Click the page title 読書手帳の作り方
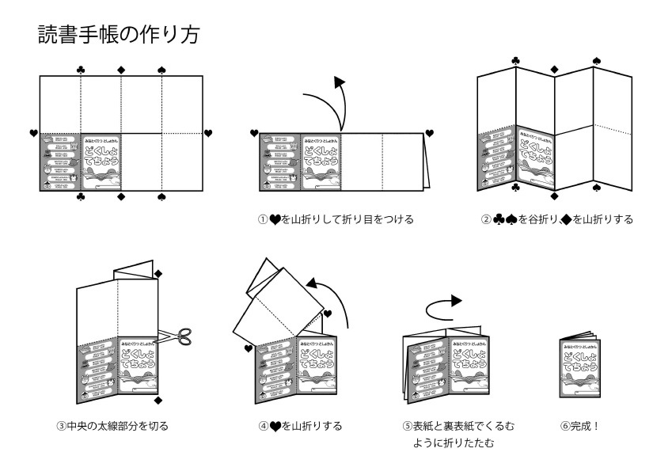click(x=123, y=35)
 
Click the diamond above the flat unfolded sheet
click(x=121, y=70)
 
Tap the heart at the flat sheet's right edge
click(x=208, y=132)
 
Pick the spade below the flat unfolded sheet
click(x=161, y=196)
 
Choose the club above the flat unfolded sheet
click(x=81, y=70)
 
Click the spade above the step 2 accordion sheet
click(x=596, y=60)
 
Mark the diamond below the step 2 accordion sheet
click(x=554, y=195)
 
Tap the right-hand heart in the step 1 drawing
click(x=430, y=132)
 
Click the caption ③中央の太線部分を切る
click(x=112, y=426)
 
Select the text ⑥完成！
click(x=579, y=426)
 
